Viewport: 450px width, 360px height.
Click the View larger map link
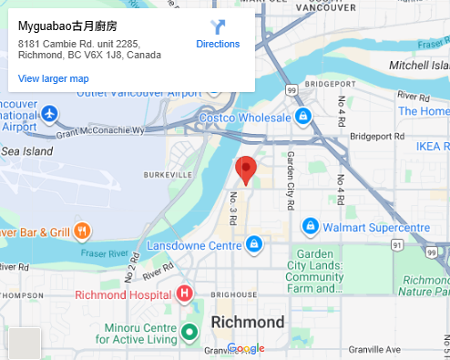53,79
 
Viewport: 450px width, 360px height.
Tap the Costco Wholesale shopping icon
304,115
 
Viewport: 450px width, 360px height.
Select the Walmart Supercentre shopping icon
310,225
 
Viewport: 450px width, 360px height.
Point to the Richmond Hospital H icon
185,293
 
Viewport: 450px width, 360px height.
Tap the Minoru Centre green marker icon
189,332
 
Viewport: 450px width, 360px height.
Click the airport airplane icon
49,114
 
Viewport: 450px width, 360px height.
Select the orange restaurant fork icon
82,231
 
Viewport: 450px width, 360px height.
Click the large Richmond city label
248,323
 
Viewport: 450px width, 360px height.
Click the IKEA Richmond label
432,146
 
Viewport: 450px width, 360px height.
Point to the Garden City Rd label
291,169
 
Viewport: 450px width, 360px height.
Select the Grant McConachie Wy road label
100,131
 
